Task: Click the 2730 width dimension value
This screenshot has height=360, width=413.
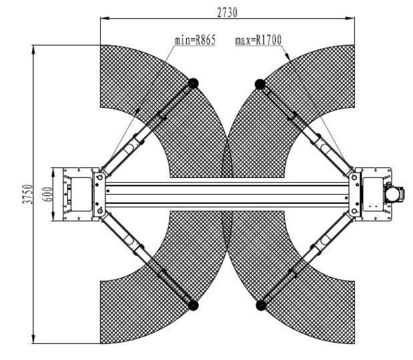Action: coord(227,13)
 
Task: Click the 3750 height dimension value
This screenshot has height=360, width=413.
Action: coord(27,194)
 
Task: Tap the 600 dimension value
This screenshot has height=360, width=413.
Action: coord(47,194)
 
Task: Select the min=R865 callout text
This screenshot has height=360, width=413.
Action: coord(195,40)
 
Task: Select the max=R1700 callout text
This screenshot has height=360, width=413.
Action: coord(258,40)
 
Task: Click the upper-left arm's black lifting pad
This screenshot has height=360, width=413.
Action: coord(193,83)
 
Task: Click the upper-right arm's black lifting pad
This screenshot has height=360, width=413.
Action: coord(260,84)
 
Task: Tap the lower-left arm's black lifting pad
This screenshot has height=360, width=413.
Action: coord(193,305)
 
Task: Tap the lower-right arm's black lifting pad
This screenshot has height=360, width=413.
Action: coord(261,305)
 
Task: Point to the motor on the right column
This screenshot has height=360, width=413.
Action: coord(394,194)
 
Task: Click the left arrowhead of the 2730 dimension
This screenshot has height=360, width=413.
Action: coord(105,19)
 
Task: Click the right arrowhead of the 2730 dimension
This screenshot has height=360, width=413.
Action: coord(350,19)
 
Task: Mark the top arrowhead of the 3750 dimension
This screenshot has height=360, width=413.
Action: coord(33,50)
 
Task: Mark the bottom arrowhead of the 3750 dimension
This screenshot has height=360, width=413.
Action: coord(33,339)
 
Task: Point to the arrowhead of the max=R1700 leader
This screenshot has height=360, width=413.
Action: coord(288,56)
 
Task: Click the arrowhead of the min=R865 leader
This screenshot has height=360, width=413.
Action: coord(137,111)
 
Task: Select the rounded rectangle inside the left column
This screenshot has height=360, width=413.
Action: coord(81,194)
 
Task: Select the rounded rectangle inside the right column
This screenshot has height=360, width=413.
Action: coord(373,194)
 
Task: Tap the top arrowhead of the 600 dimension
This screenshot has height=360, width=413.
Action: coord(53,173)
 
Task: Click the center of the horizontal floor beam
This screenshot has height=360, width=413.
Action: coord(228,194)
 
